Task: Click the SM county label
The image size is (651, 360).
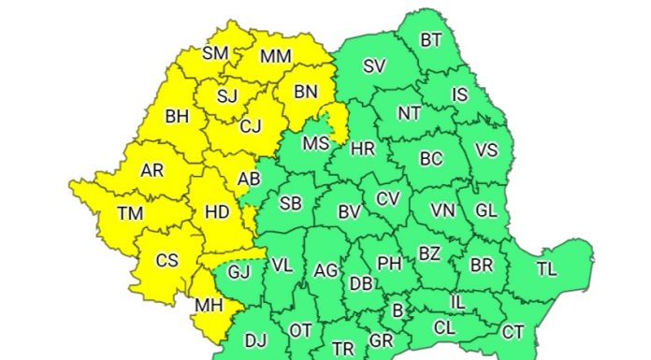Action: tap(216, 53)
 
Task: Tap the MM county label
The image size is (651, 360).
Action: tap(276, 57)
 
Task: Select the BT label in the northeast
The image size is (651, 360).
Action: tap(431, 39)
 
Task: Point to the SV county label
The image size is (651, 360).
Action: tap(375, 66)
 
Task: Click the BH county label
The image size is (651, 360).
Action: tap(177, 117)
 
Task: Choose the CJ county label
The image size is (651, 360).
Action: tap(250, 125)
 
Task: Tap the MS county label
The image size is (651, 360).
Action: tap(316, 143)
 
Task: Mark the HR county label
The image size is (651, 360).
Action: tap(363, 149)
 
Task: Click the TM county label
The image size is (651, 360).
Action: tap(130, 214)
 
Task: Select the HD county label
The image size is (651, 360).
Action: tap(217, 213)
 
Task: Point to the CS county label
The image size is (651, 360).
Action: tap(166, 261)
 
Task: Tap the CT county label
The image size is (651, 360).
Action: tap(513, 332)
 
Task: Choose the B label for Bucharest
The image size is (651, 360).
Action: tap(397, 310)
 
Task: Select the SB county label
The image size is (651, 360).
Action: tap(291, 203)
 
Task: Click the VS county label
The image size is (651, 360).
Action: tap(486, 151)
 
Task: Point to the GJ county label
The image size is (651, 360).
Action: tap(239, 273)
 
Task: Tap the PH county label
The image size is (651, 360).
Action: tap(389, 265)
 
